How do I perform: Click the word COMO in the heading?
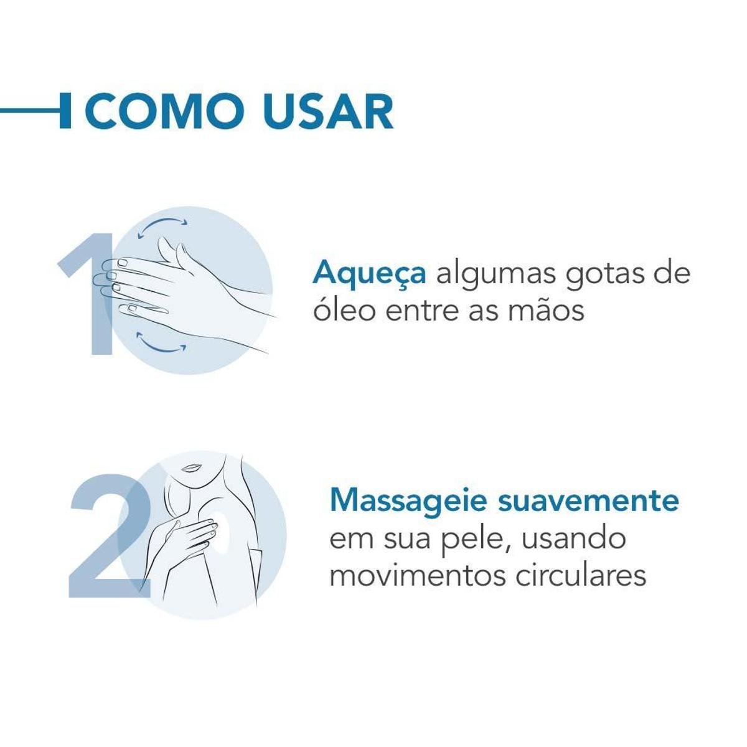[x=164, y=110]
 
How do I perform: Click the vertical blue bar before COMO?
[x=65, y=110]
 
